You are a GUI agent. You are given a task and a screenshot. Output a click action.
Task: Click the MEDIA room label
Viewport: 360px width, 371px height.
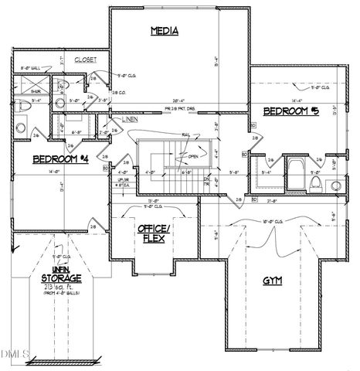point(164,32)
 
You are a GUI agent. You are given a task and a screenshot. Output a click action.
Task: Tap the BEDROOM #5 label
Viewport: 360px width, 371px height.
point(287,111)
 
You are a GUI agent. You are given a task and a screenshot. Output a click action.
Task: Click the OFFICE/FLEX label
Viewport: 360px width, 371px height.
point(153,233)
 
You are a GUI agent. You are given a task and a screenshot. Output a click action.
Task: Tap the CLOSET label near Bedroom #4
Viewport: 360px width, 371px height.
point(85,60)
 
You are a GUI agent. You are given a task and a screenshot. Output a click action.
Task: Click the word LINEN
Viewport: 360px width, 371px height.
point(130,120)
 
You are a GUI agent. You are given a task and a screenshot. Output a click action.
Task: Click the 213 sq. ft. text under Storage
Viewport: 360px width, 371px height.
point(53,286)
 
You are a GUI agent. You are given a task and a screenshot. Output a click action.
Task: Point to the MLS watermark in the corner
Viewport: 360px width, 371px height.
point(14,355)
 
